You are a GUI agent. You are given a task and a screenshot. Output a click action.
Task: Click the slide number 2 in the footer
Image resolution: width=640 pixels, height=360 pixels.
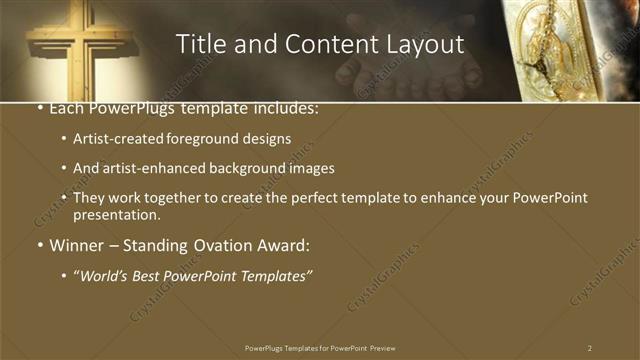click(x=590, y=348)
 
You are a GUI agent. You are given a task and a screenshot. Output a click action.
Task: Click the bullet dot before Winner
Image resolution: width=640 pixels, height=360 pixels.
click(x=38, y=245)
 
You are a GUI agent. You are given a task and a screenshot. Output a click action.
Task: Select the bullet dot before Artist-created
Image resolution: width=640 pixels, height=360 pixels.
click(x=64, y=140)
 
